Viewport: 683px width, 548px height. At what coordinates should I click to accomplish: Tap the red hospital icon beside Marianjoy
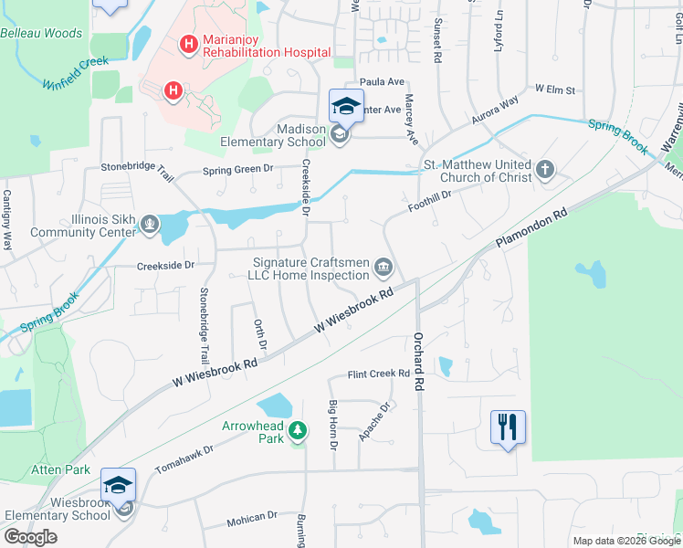(189, 43)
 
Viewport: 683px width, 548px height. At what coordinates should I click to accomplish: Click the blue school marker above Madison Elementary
(346, 106)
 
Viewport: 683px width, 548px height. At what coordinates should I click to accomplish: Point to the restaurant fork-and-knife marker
(508, 427)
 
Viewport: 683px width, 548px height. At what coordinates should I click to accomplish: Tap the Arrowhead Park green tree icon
(297, 429)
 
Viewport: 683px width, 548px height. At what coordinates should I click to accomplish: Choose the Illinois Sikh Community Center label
(83, 226)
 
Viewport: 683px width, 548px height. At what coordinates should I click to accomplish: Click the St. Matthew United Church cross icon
(545, 169)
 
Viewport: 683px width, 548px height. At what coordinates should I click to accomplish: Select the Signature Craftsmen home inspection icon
(384, 268)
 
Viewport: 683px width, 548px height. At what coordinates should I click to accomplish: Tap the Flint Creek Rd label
(377, 374)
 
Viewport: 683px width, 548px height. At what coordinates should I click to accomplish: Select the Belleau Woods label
(41, 34)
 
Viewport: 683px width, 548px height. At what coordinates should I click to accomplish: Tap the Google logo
(31, 537)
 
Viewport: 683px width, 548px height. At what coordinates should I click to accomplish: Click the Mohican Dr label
(251, 517)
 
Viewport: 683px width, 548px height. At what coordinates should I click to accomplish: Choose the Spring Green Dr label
(237, 169)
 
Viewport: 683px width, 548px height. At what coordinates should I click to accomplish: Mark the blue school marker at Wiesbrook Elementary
(118, 485)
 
